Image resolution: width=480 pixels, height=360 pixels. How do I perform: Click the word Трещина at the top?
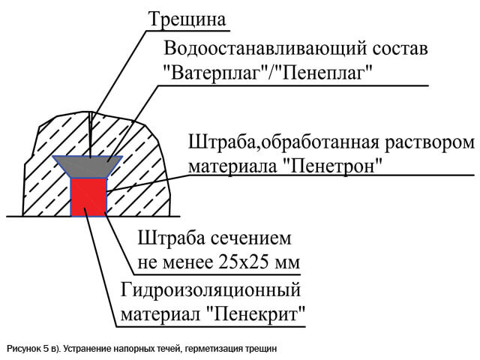click(x=187, y=19)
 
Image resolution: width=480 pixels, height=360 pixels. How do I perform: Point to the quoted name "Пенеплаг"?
click(x=324, y=73)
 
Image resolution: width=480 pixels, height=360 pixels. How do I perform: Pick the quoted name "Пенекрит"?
click(x=256, y=313)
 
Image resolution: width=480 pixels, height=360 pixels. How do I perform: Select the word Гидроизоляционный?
click(x=211, y=290)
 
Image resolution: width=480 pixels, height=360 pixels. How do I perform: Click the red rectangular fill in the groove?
click(x=88, y=196)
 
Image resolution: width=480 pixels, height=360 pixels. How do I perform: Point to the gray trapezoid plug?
click(x=88, y=166)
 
